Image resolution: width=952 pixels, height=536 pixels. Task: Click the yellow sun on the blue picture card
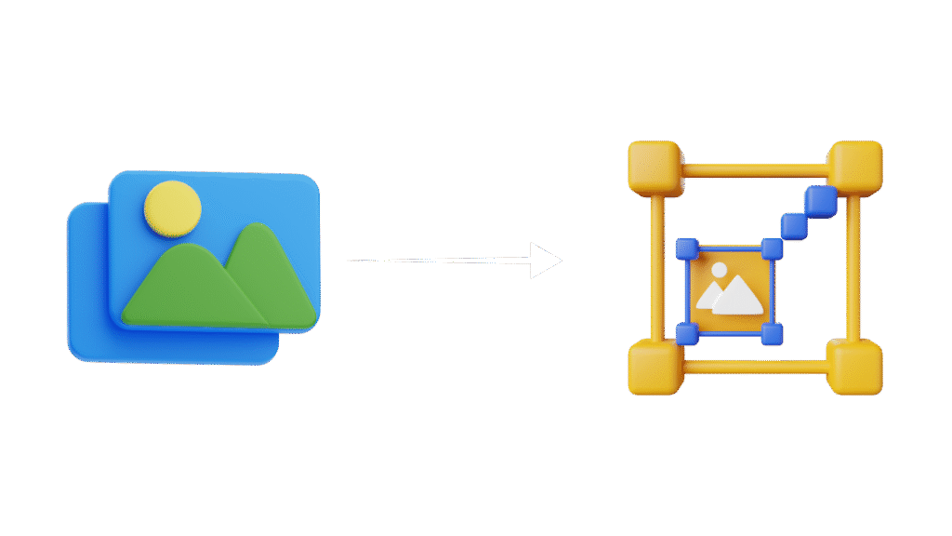point(173,207)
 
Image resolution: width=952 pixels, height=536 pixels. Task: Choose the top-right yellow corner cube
point(854,166)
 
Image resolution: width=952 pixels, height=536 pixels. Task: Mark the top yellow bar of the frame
point(755,169)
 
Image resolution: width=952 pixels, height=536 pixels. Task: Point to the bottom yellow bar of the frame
point(755,367)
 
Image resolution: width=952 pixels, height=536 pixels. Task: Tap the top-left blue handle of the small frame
point(686,248)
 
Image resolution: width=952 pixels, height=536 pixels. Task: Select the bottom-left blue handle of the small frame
point(686,334)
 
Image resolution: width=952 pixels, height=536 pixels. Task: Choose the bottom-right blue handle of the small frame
point(772,334)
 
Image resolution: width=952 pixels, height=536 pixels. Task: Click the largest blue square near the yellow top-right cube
point(820,199)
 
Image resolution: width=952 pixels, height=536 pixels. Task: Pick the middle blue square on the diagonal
point(794,224)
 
